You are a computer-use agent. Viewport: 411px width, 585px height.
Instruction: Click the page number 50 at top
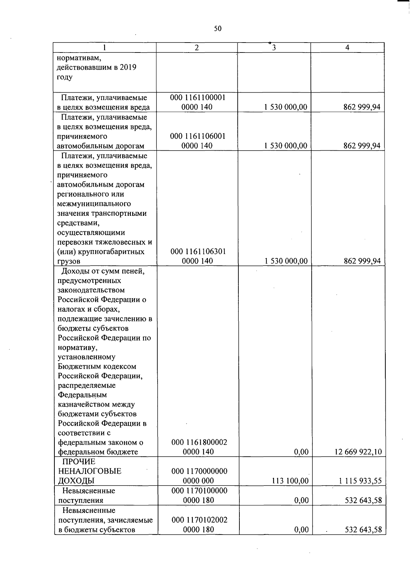pyautogui.click(x=218, y=28)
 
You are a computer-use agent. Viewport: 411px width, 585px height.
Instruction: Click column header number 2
pyautogui.click(x=197, y=48)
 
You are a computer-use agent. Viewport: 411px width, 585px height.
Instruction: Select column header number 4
pyautogui.click(x=347, y=48)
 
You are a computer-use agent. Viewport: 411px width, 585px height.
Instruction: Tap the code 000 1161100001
pyautogui.click(x=198, y=97)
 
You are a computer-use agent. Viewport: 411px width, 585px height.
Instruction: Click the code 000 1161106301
pyautogui.click(x=198, y=251)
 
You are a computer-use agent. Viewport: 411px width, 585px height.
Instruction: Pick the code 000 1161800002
pyautogui.click(x=199, y=442)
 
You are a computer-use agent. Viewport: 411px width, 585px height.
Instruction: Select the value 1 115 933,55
pyautogui.click(x=360, y=481)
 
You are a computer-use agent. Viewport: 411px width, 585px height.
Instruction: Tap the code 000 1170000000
pyautogui.click(x=199, y=471)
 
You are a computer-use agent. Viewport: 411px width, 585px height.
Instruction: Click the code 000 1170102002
pyautogui.click(x=199, y=520)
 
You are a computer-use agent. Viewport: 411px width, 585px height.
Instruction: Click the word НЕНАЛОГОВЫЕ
pyautogui.click(x=90, y=471)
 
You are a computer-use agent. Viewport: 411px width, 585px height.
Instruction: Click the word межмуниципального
pyautogui.click(x=94, y=204)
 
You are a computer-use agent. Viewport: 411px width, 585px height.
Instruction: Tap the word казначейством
pyautogui.click(x=96, y=405)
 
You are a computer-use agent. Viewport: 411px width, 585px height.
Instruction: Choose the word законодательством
pyautogui.click(x=91, y=290)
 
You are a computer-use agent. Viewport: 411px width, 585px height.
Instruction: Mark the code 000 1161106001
pyautogui.click(x=198, y=136)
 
